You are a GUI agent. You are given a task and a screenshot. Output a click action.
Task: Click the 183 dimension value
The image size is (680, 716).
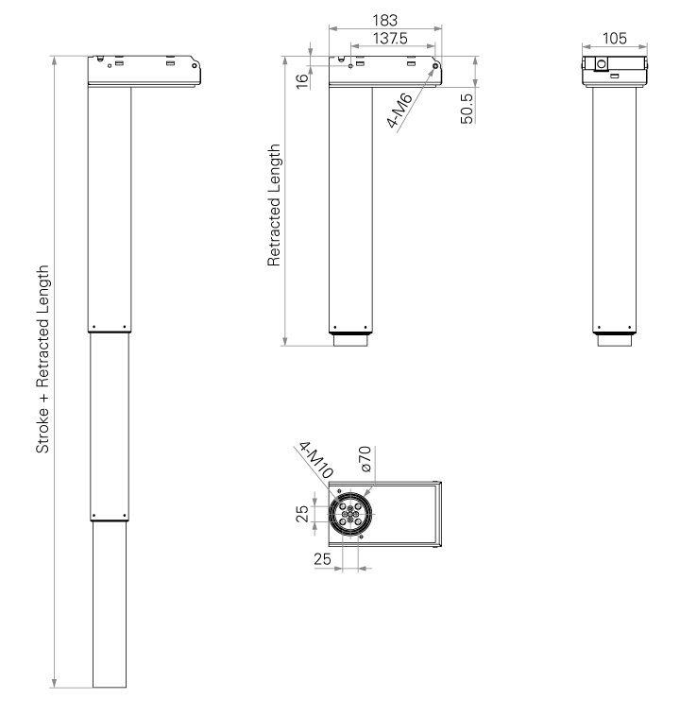tap(384, 20)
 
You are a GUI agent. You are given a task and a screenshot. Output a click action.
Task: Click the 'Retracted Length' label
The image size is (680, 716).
tap(275, 206)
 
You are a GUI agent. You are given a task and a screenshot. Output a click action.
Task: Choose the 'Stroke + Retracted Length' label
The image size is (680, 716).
tap(42, 366)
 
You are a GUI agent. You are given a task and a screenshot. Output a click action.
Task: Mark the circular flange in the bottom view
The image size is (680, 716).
tap(350, 514)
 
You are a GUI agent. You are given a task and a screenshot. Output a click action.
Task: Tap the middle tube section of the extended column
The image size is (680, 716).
tap(110, 424)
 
